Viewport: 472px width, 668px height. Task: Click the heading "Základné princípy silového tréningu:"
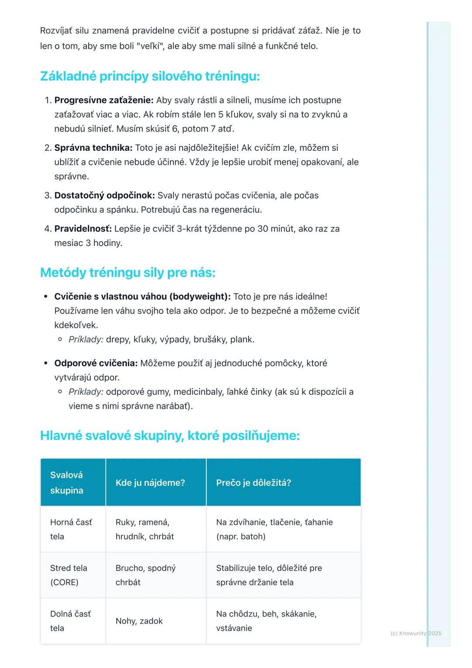coord(150,77)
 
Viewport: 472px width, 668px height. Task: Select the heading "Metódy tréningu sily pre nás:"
coord(128,273)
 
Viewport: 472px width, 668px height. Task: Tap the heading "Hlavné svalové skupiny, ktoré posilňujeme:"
coord(170,436)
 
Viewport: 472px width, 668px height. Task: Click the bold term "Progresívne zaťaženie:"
coord(104,100)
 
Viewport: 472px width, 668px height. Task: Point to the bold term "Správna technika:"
coord(93,148)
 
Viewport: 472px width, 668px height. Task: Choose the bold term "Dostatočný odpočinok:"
coord(104,195)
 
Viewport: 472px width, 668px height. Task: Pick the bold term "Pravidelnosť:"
coord(83,229)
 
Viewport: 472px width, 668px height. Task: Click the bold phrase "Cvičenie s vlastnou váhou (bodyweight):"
coord(142,296)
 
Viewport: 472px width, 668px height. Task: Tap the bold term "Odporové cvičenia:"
coord(96,363)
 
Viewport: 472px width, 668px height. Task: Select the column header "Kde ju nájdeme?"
coord(150,483)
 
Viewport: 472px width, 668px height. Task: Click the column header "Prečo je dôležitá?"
coord(253,483)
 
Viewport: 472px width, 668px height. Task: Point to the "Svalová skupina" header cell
coord(67,483)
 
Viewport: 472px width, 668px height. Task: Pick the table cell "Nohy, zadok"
coord(139,621)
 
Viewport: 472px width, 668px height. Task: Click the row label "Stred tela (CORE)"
coord(69,575)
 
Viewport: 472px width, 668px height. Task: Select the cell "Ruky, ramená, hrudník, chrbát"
coord(145,529)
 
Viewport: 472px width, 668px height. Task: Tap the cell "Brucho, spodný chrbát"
coord(146,575)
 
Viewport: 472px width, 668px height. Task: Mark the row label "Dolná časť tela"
coord(70,621)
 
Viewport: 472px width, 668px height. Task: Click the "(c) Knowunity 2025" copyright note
coord(416,633)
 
